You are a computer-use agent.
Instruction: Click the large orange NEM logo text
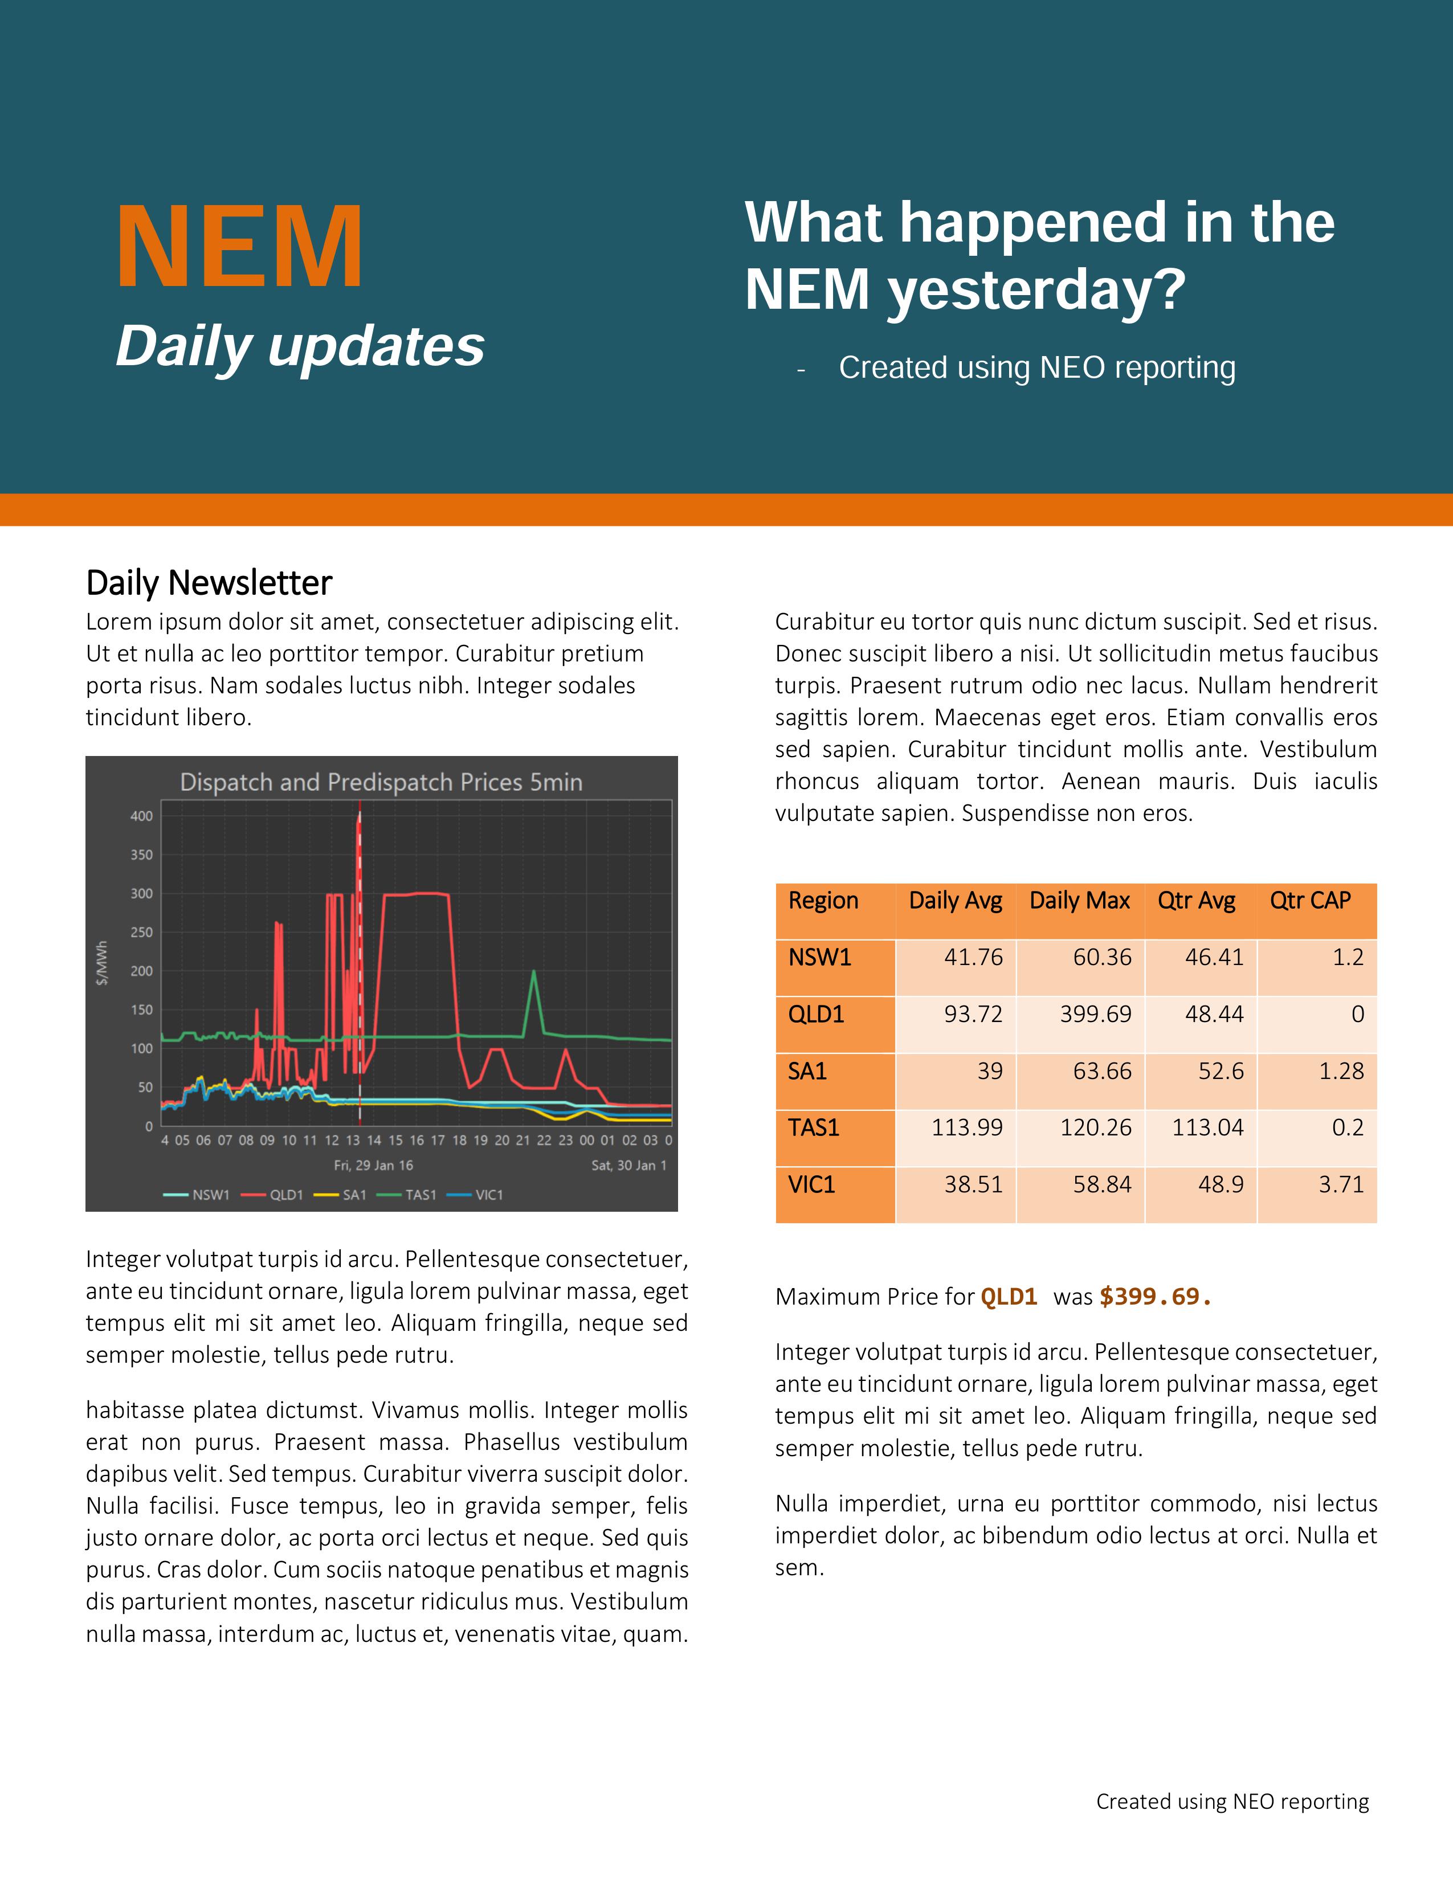[x=239, y=248]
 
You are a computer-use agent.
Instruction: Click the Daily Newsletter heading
[x=209, y=583]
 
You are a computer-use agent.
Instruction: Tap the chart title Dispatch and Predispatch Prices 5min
[x=381, y=782]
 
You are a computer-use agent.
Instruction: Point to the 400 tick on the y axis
[x=142, y=816]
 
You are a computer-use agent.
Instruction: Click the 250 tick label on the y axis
[x=142, y=932]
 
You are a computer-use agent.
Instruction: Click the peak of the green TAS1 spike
[x=534, y=972]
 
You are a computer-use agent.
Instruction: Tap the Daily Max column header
[x=1079, y=900]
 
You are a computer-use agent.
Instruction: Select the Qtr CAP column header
[x=1310, y=900]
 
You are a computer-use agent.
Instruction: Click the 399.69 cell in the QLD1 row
[x=1095, y=1014]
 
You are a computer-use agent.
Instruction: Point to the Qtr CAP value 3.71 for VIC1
[x=1341, y=1184]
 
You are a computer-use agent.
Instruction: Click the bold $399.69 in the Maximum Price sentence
[x=1155, y=1297]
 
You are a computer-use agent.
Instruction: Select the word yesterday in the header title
[x=1037, y=290]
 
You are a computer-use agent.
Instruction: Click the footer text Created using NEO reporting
[x=1232, y=1801]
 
